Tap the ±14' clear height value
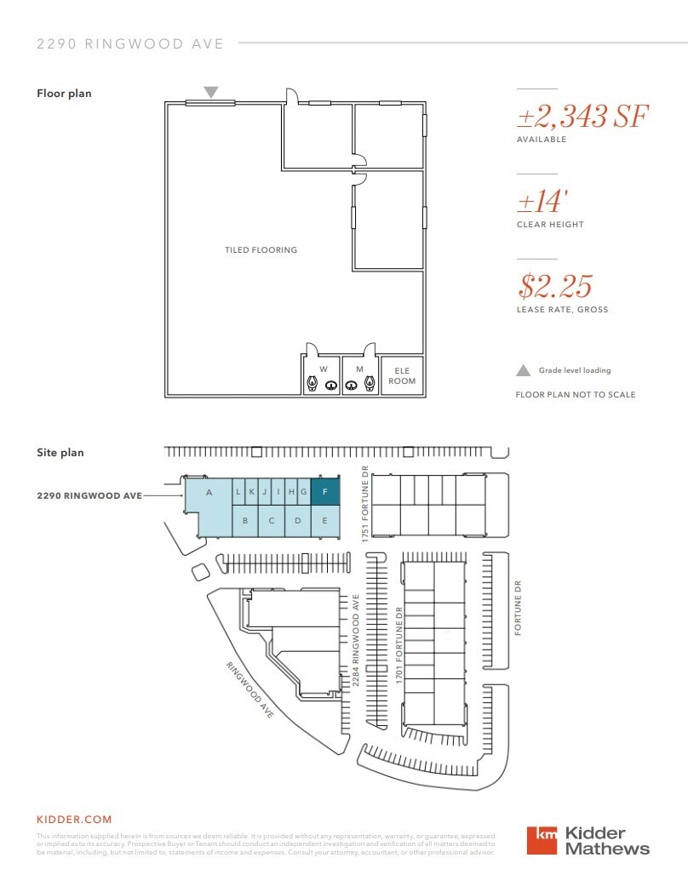(x=543, y=202)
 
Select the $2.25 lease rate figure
(x=554, y=286)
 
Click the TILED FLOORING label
(x=261, y=250)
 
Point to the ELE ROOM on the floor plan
(x=402, y=375)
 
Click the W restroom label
(x=323, y=369)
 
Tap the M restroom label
(x=359, y=369)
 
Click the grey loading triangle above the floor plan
(x=210, y=92)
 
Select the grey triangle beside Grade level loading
(x=524, y=370)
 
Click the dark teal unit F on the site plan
(x=324, y=492)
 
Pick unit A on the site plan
(x=208, y=493)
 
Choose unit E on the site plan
(x=324, y=521)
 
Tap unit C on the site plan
(x=272, y=521)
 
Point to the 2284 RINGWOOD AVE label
(x=356, y=638)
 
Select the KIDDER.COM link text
(x=74, y=820)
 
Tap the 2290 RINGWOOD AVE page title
(x=130, y=43)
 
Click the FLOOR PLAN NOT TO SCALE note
(x=576, y=395)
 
